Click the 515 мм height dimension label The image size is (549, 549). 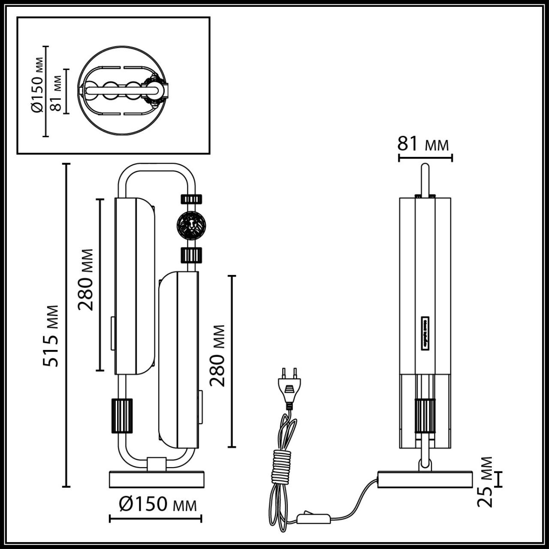(52, 335)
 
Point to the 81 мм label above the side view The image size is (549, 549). (423, 144)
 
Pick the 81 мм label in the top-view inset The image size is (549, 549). (56, 91)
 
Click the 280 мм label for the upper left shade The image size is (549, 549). (86, 279)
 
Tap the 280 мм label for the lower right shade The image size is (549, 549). (217, 356)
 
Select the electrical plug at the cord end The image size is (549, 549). (289, 386)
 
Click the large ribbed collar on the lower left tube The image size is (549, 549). (122, 415)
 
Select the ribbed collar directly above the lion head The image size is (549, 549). (191, 199)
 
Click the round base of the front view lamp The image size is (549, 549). (157, 479)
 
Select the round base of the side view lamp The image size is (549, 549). (425, 479)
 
